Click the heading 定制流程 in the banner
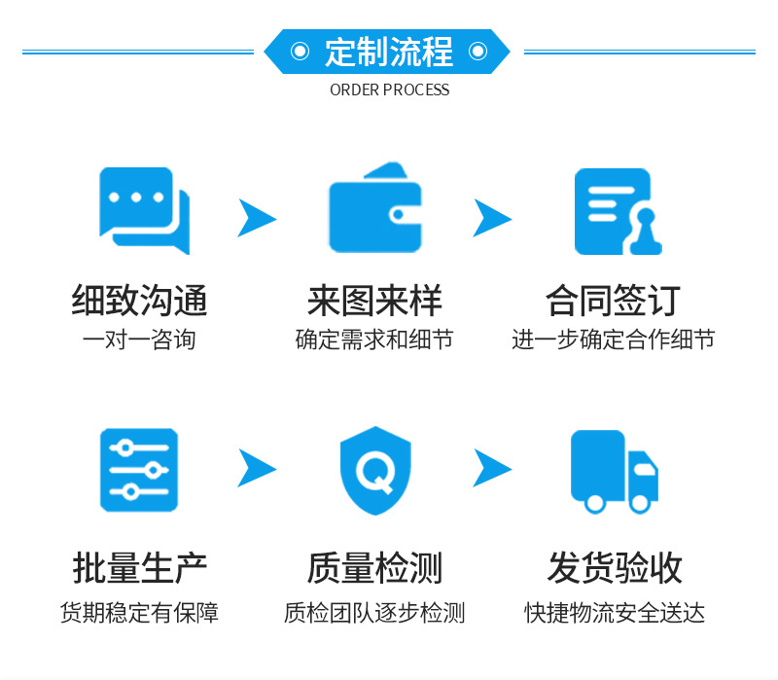pos(389,52)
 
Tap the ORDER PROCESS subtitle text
pos(389,89)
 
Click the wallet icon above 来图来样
pos(375,208)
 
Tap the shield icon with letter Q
pos(375,471)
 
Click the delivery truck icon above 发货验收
pos(614,471)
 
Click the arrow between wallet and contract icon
pos(492,217)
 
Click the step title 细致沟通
pos(139,301)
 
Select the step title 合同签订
pos(613,301)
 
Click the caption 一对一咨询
pos(139,340)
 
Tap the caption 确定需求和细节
pos(374,340)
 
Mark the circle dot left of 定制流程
pos(301,52)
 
